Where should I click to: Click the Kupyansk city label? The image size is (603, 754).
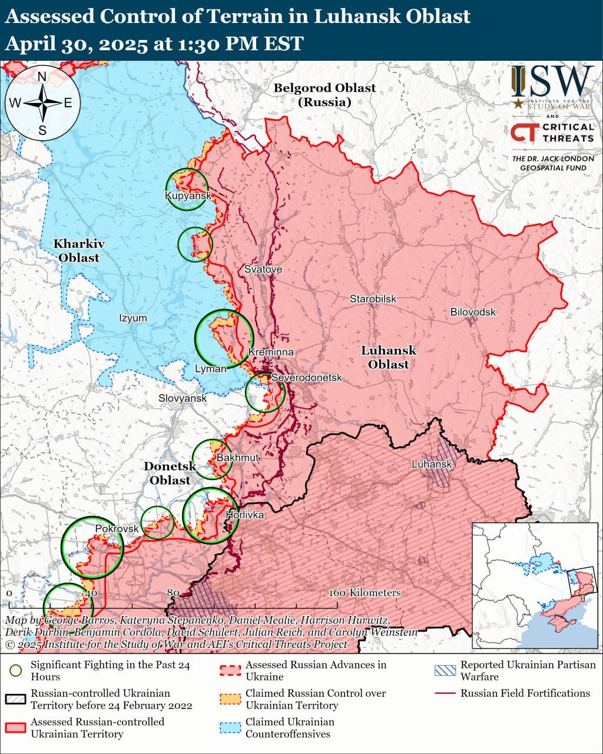[187, 196]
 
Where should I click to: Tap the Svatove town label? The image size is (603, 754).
[263, 269]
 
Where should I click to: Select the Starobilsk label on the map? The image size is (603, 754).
[373, 299]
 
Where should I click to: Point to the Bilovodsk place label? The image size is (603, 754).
[473, 312]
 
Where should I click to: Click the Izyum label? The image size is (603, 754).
[133, 318]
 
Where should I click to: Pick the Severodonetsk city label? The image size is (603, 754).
[306, 378]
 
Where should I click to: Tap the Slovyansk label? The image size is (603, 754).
[183, 398]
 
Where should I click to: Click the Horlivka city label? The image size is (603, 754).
[245, 515]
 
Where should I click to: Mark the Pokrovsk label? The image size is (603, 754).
[117, 529]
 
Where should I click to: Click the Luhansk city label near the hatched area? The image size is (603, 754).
[432, 464]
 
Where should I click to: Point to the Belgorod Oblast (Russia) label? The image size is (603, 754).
[324, 95]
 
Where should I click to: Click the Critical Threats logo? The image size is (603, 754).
[552, 133]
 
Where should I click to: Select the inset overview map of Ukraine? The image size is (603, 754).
[535, 586]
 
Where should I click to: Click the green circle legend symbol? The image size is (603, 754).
[16, 670]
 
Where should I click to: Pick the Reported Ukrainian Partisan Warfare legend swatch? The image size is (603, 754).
[445, 670]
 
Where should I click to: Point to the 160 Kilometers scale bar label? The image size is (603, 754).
[365, 593]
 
